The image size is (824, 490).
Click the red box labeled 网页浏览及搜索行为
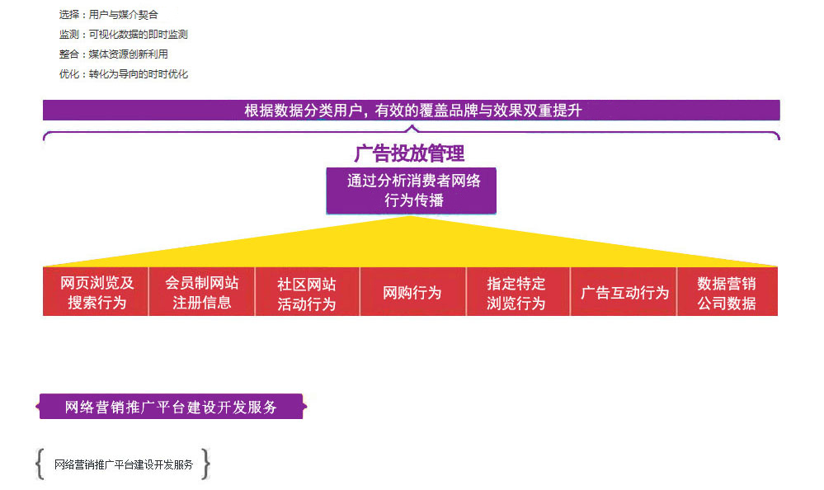coord(97,292)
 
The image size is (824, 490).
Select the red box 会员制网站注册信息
coord(202,292)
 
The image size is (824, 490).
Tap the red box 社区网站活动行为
coord(307,292)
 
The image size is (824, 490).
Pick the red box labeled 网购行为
coord(412,292)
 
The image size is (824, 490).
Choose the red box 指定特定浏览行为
coord(516,292)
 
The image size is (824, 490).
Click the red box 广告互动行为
coord(624,292)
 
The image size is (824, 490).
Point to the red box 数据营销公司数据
coord(727,292)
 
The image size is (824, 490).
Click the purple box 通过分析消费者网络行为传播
coord(411,191)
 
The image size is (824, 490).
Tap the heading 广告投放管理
coord(409,153)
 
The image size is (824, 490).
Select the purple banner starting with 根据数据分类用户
coord(411,110)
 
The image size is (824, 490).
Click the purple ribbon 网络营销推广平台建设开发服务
coord(172,407)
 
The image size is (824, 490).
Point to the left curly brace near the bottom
coord(40,464)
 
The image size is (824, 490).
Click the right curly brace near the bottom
coord(206,464)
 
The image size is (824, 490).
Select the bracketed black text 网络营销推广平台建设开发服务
coord(124,464)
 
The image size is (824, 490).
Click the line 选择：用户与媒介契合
coord(109,14)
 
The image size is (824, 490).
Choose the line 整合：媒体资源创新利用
coord(114,54)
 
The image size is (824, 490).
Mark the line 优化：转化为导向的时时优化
coord(124,73)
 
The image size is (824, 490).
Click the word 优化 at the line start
coord(68,73)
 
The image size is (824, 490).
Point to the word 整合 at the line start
coord(68,54)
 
